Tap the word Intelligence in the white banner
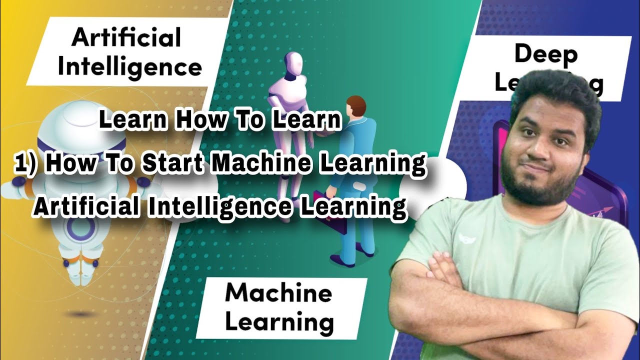tap(129, 67)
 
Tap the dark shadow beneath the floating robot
tap(79, 313)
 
